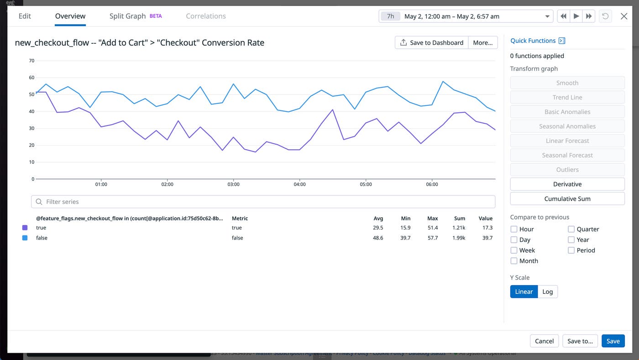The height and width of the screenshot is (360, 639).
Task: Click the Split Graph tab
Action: [127, 16]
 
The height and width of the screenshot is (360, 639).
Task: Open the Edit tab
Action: [25, 16]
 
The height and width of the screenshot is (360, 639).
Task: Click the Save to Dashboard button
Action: [431, 42]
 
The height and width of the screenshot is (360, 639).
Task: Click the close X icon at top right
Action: [624, 16]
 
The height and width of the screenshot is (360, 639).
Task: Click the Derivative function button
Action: [567, 184]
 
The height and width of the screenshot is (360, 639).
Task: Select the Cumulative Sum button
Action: [567, 198]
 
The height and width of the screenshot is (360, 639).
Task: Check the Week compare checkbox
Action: [514, 250]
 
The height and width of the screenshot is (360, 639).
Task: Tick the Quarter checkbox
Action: [571, 229]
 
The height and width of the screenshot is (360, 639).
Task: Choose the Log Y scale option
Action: [547, 292]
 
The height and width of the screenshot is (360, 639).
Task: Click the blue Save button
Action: [613, 341]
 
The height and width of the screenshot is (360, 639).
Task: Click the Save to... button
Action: [580, 341]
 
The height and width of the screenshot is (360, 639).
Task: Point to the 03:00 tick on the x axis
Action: [233, 184]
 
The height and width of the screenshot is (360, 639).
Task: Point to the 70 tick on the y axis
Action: [31, 61]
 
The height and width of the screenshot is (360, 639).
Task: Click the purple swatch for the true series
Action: [25, 228]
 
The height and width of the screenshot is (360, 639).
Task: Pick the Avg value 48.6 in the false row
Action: [378, 238]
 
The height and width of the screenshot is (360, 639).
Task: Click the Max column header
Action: [432, 219]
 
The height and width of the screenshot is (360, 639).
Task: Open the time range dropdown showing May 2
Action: [466, 16]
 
